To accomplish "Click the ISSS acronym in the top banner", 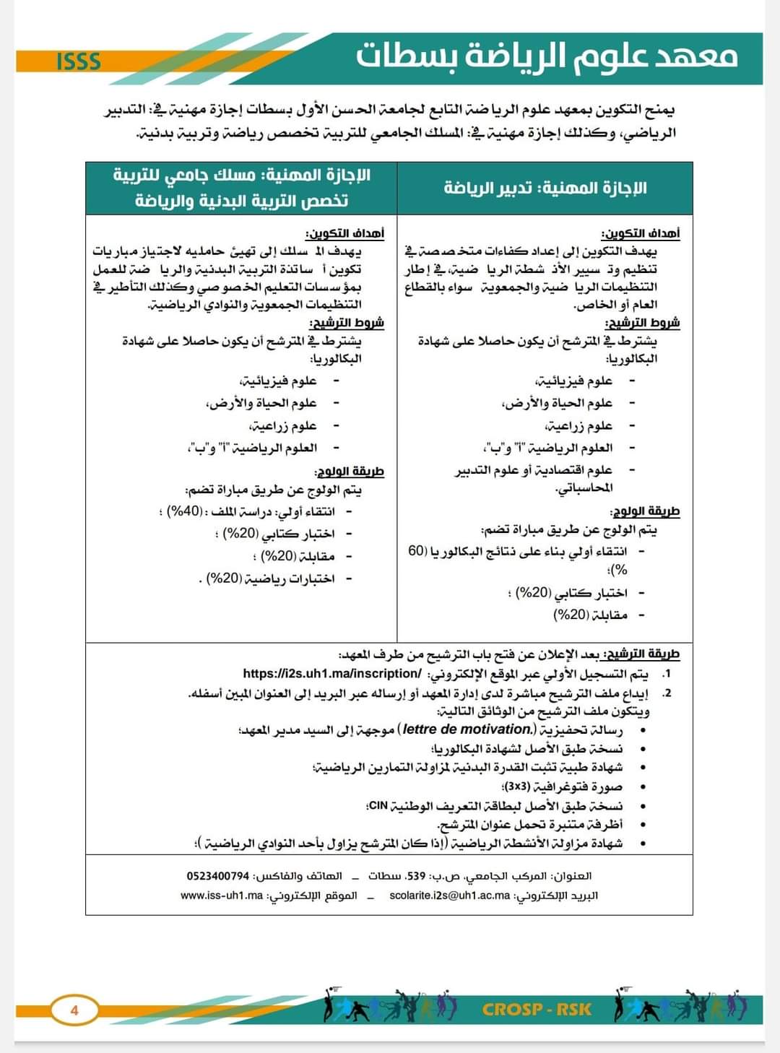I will click(78, 61).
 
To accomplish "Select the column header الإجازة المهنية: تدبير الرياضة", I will click(545, 188).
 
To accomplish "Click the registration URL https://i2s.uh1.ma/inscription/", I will click(332, 674).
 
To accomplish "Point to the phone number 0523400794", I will click(217, 876).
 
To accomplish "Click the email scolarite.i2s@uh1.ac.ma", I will click(449, 896).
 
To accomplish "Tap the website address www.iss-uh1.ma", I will click(222, 896).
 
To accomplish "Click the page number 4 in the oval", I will click(74, 1010).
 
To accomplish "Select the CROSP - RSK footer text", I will click(537, 1009).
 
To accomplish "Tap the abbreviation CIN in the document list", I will click(377, 805).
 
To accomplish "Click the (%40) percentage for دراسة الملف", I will click(184, 512).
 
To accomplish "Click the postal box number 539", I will click(416, 876).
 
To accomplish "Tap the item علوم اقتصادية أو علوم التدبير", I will click(534, 471).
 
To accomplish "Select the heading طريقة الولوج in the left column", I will click(349, 472).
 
